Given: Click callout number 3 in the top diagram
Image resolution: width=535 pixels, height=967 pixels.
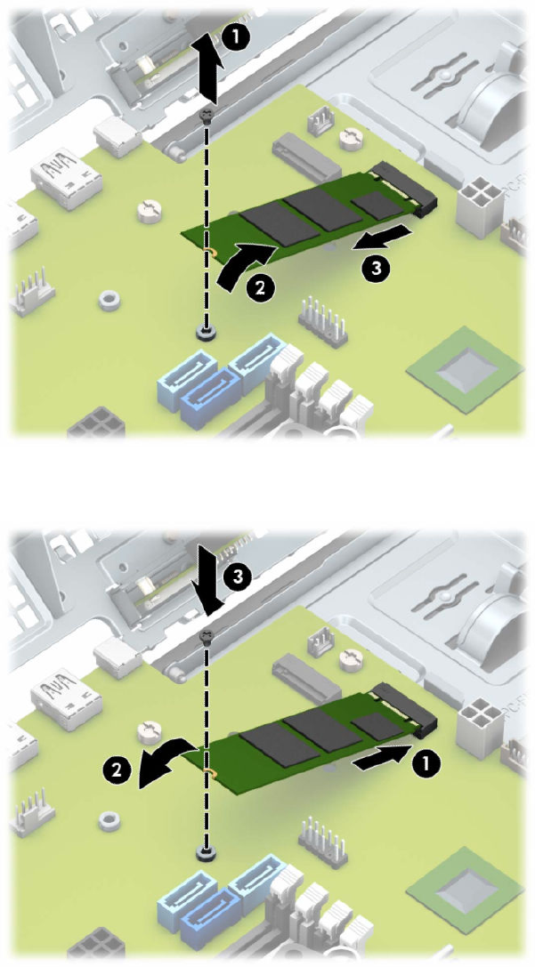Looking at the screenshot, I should click(374, 268).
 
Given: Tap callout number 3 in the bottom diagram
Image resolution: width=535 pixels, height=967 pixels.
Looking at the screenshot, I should click(238, 576).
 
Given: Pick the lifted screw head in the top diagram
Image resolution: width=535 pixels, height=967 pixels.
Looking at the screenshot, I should click(207, 115).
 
